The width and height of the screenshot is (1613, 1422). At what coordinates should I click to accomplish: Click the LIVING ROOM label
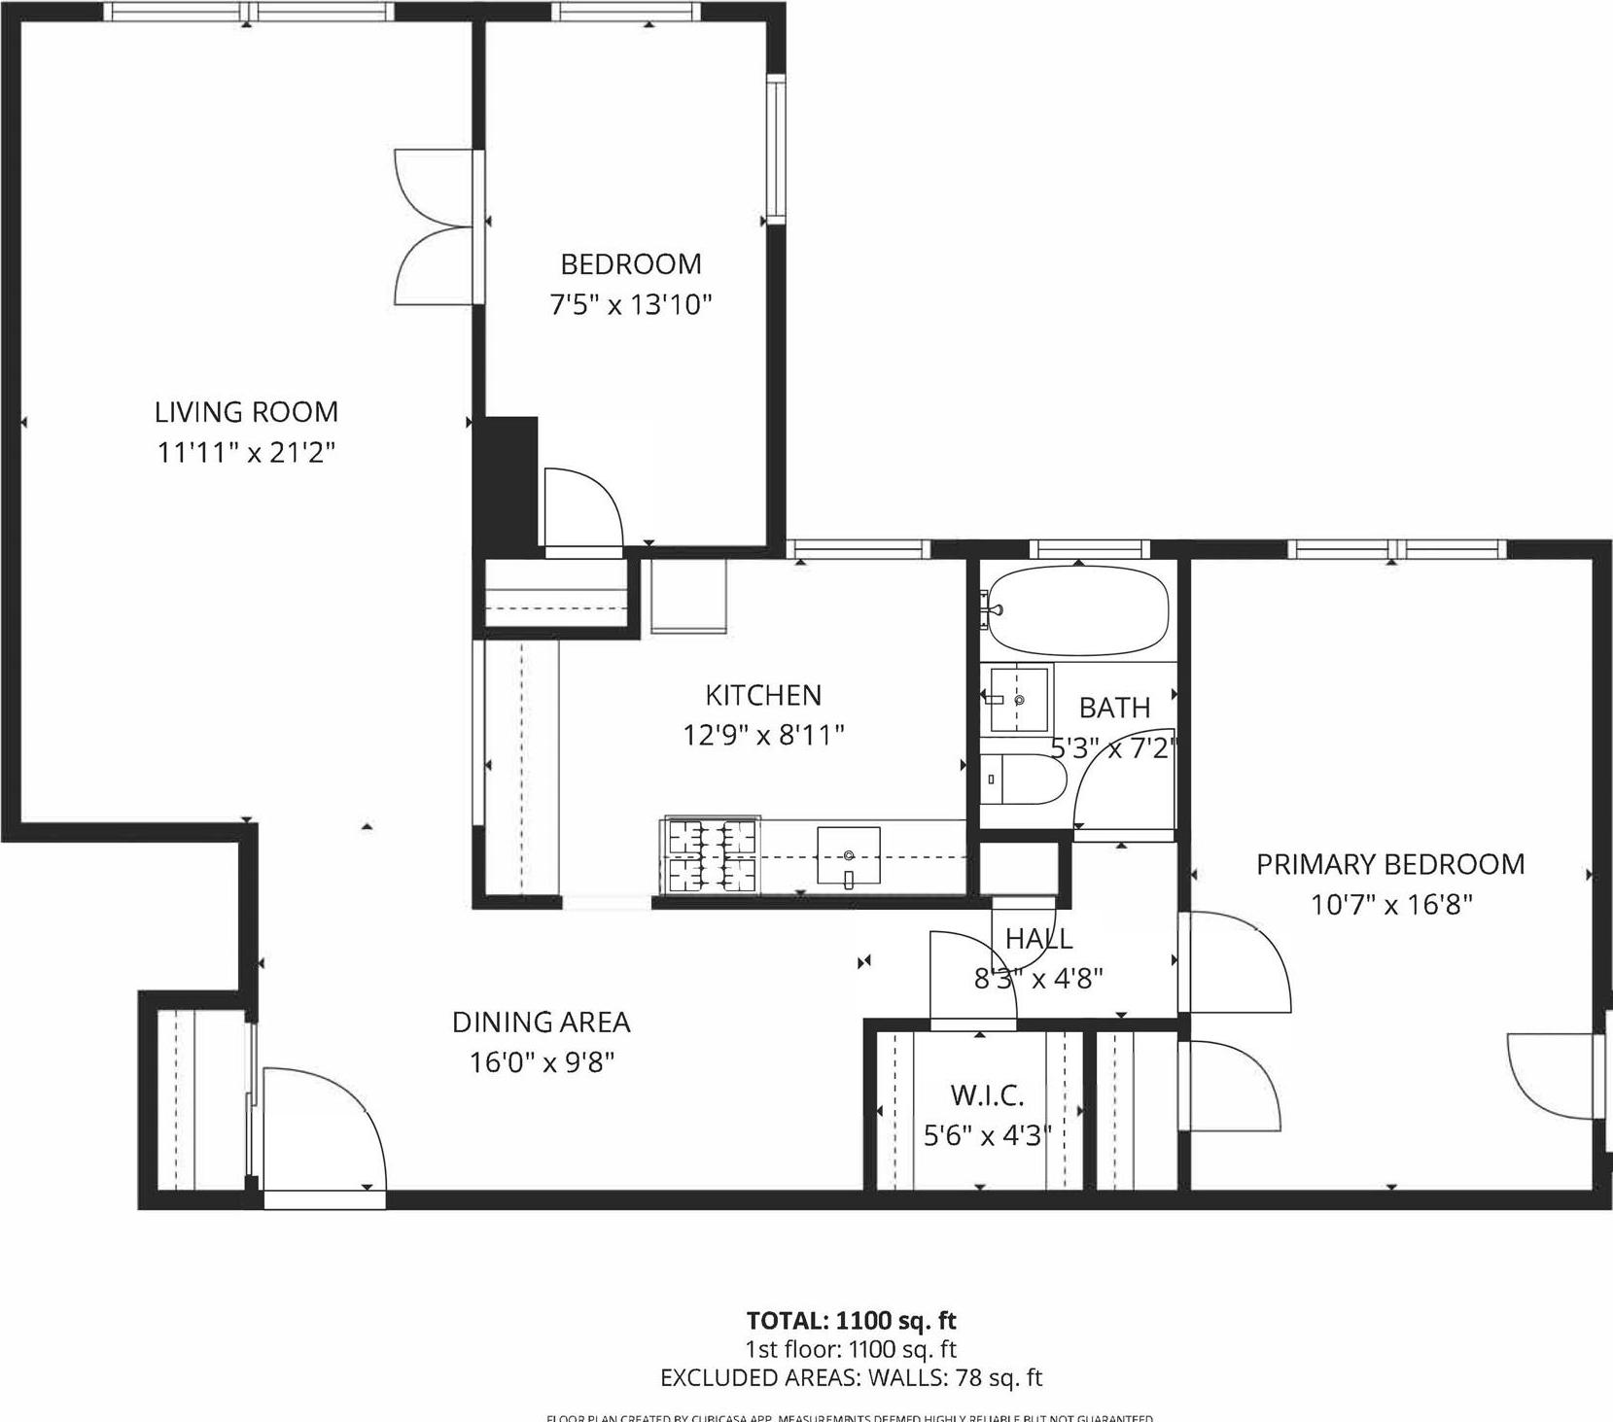click(x=246, y=412)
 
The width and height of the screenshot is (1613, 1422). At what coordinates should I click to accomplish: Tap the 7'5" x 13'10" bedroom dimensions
click(x=631, y=305)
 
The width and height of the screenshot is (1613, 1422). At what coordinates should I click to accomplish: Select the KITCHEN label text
click(x=763, y=695)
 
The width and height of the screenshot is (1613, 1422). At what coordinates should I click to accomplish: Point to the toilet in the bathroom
click(x=1021, y=780)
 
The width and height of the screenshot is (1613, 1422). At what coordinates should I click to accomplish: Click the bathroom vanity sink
click(x=1016, y=699)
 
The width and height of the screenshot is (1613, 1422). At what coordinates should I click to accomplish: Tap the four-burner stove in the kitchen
click(x=711, y=856)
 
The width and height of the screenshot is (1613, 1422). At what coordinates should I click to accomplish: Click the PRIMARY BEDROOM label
click(x=1389, y=864)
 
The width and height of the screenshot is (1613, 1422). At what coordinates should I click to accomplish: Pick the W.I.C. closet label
click(x=987, y=1095)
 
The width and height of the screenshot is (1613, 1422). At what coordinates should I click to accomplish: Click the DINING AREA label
click(x=541, y=1023)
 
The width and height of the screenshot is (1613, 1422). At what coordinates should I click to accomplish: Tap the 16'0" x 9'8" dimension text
click(x=542, y=1062)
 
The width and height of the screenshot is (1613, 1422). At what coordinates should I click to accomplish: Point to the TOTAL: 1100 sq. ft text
click(x=851, y=1320)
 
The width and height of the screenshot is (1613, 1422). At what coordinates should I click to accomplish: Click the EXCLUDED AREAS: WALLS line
click(x=851, y=1377)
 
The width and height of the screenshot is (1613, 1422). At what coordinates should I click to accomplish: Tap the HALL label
click(x=1038, y=938)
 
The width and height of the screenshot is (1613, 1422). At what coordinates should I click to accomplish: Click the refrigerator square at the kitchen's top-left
click(x=687, y=595)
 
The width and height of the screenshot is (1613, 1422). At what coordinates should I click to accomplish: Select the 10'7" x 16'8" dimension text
click(x=1390, y=905)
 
